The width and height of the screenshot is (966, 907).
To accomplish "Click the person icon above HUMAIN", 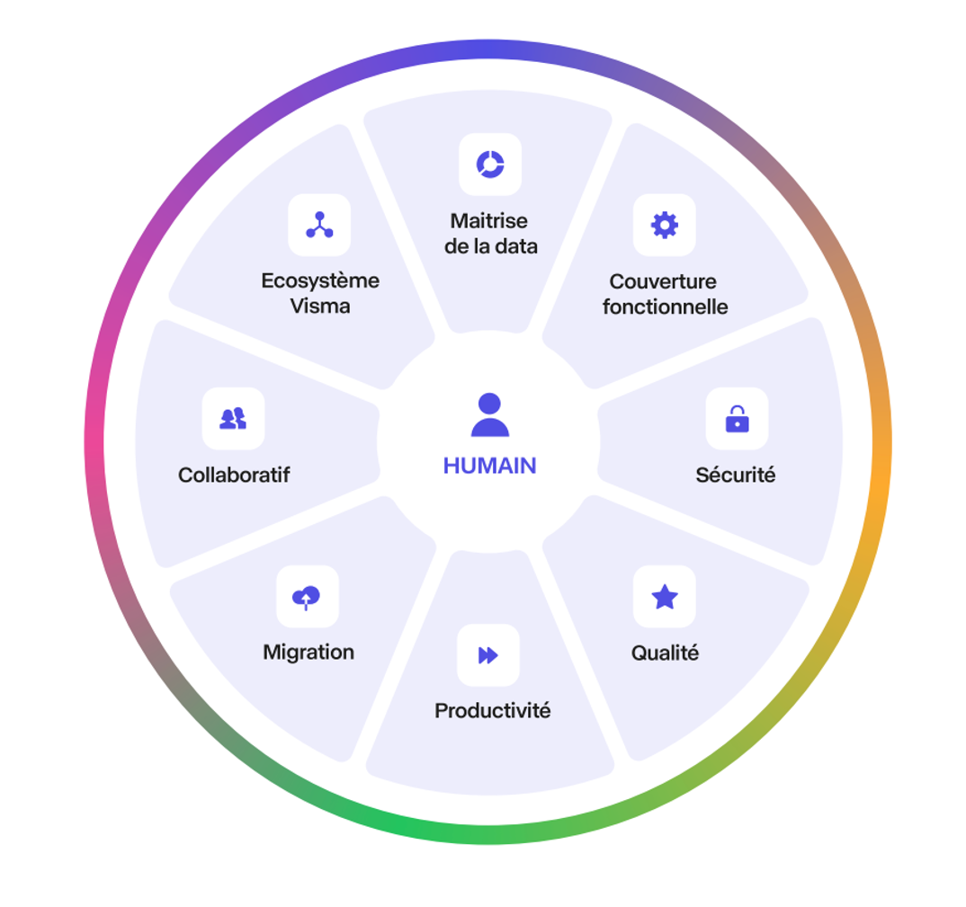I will click(x=489, y=415).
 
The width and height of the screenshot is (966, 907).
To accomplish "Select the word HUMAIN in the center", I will click(x=489, y=466).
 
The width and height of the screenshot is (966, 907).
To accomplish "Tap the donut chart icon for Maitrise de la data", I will click(x=490, y=165).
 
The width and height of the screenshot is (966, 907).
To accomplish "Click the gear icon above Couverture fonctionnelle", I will click(x=665, y=225).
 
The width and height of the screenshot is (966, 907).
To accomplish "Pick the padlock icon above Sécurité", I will click(x=737, y=419).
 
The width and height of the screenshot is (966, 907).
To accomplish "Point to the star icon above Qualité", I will click(x=665, y=596).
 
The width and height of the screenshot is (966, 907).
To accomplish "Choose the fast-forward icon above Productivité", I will click(x=488, y=655).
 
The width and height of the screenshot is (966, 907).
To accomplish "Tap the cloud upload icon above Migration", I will click(x=307, y=596).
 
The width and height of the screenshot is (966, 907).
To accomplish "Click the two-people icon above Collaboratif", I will click(x=233, y=419).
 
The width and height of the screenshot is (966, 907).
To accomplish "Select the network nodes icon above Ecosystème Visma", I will click(x=319, y=225).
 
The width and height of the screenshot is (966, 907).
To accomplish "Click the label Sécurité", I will click(x=735, y=475).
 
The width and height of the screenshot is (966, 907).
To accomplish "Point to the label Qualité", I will click(x=665, y=653).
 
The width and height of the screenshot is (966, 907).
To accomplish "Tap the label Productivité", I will click(x=492, y=711).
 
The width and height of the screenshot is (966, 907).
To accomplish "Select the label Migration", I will click(x=309, y=652).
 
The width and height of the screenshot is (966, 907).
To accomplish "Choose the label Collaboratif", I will click(x=234, y=475).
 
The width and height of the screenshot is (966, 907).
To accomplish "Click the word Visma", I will click(x=320, y=306).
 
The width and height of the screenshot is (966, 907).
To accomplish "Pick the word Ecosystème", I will click(x=320, y=280).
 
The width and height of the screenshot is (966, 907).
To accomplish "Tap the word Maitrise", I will click(x=489, y=220).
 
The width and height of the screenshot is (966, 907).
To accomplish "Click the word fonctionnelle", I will click(x=665, y=307).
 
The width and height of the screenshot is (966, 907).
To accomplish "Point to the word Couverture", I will click(x=665, y=281).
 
